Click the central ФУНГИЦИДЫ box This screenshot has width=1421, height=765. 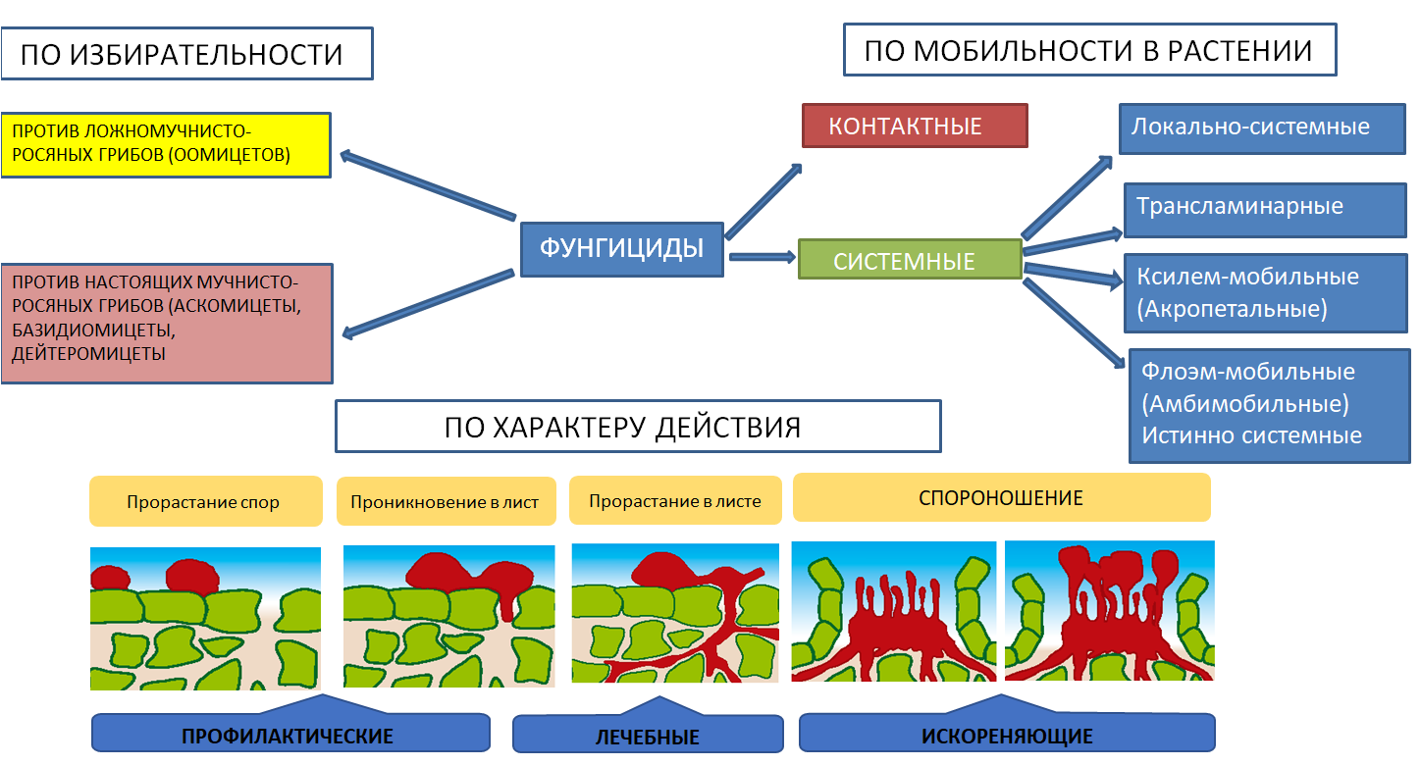click(x=623, y=249)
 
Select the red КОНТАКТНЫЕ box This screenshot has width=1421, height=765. click(x=914, y=126)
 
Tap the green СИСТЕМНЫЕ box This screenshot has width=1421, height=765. click(x=910, y=260)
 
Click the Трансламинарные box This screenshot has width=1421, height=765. click(x=1265, y=209)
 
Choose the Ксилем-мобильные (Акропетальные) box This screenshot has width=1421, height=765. click(x=1265, y=292)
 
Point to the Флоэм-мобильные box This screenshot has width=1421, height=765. click(x=1269, y=404)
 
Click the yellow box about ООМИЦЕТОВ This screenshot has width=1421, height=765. click(x=165, y=145)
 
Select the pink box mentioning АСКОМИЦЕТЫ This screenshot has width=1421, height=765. click(x=166, y=323)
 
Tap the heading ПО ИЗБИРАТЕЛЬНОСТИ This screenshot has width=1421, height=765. click(x=186, y=53)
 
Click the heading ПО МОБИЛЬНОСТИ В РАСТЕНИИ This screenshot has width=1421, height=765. click(x=1089, y=51)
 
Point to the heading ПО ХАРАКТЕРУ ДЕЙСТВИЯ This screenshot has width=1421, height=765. click(x=638, y=427)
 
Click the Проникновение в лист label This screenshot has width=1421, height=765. click(x=446, y=502)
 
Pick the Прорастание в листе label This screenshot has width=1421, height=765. click(x=675, y=501)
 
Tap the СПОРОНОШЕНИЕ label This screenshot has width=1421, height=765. click(x=1001, y=498)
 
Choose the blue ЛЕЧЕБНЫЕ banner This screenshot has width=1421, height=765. click(x=648, y=735)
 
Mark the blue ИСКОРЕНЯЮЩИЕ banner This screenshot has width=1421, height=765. click(x=1007, y=735)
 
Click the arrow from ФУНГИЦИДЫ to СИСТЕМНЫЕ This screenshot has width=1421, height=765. click(x=762, y=257)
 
